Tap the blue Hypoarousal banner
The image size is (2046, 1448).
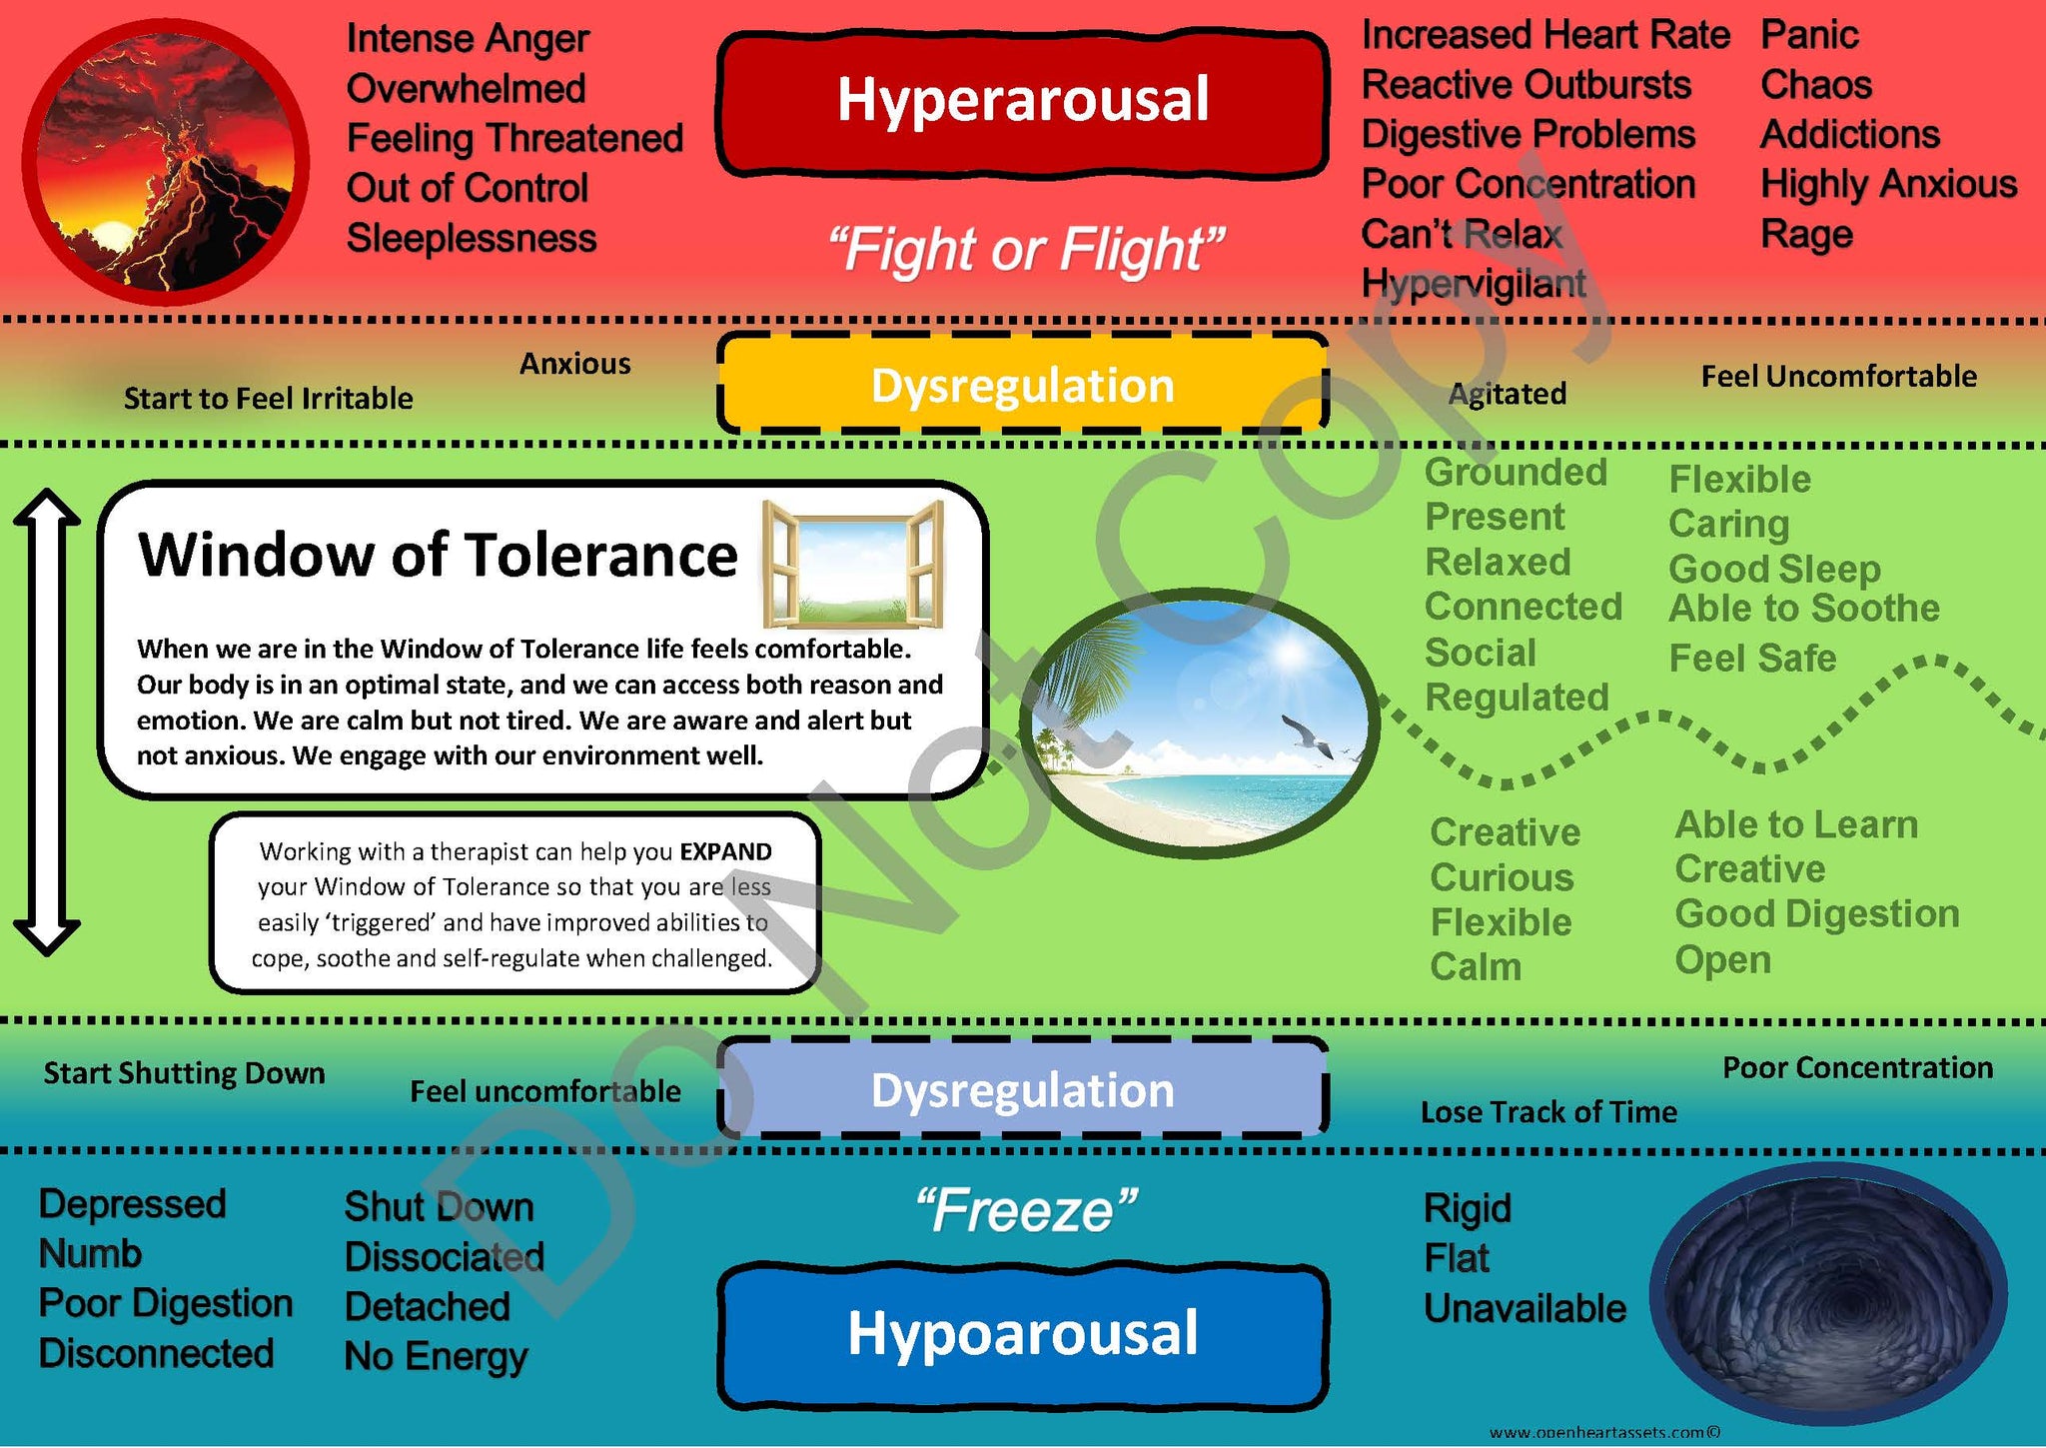tap(1023, 1334)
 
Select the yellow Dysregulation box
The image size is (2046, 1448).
tap(1023, 386)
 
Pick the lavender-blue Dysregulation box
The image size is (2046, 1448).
tap(1023, 1090)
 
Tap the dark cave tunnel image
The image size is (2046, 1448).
tap(1827, 1294)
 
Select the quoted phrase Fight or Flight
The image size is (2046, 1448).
tap(1025, 249)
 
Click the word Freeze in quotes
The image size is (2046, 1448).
tap(1026, 1211)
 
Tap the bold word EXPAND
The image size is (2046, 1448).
tap(725, 852)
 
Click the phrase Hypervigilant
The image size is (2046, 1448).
tap(1473, 284)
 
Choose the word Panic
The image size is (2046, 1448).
tap(1808, 36)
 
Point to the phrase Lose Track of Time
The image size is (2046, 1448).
tap(1548, 1112)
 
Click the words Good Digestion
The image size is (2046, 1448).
tap(1816, 914)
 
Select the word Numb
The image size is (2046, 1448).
tap(90, 1254)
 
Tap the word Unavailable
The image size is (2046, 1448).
tap(1525, 1309)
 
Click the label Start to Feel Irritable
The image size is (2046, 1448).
tap(268, 399)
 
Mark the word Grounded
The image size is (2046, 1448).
tap(1515, 473)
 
